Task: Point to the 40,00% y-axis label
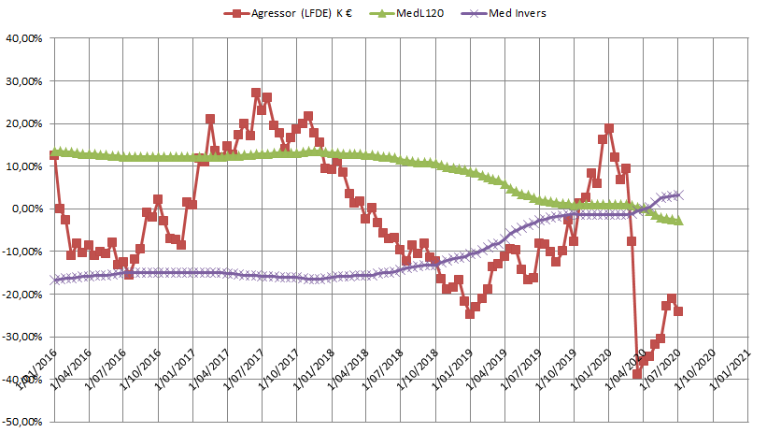pos(28,38)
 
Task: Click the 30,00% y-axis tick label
pos(28,81)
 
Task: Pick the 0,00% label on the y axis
pos(31,209)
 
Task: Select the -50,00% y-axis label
pos(26,422)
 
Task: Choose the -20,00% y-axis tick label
pos(26,294)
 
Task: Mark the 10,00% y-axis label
pos(28,166)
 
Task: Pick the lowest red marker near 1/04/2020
pos(637,374)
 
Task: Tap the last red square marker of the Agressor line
pos(678,311)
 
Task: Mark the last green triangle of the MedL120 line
pos(679,221)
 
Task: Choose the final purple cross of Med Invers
pos(679,194)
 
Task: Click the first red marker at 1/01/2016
pos(54,156)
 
